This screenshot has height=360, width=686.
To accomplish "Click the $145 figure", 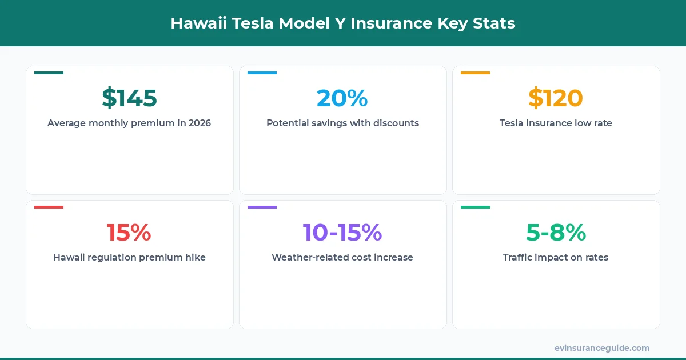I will (129, 98).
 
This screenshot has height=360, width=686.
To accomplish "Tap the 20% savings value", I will (342, 98).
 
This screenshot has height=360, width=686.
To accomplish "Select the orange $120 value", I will (555, 98).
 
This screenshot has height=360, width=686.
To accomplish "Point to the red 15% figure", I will (129, 233).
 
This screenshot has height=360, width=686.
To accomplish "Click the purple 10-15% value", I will (342, 233).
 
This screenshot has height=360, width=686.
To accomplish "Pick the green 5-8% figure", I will (556, 233).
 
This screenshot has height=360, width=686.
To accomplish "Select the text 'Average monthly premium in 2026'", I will (129, 123).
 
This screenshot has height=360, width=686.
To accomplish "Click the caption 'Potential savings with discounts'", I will (342, 123).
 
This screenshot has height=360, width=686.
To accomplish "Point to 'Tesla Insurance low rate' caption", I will (556, 123).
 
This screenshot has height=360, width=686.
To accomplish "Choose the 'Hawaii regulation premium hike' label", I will (129, 257).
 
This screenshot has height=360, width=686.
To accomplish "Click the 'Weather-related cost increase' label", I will (342, 257).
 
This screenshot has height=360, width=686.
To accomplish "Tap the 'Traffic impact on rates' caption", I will (556, 257).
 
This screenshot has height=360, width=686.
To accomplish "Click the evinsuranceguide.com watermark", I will (601, 347).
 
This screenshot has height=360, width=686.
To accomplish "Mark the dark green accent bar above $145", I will (49, 73).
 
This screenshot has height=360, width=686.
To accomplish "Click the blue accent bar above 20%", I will (262, 73).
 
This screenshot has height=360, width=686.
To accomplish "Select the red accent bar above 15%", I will (49, 207).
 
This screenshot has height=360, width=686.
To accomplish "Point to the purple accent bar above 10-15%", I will (262, 207).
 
